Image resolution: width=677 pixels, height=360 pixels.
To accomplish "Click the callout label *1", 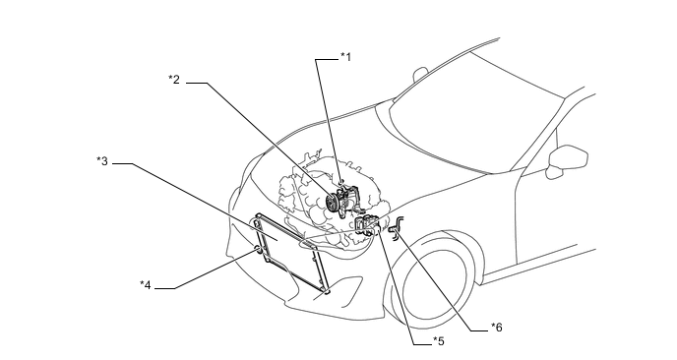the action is [345, 56].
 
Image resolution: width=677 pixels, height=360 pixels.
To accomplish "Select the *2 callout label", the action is [174, 80].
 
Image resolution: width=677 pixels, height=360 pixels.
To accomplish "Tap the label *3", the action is [102, 161].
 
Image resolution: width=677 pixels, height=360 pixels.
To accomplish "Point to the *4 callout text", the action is [146, 285].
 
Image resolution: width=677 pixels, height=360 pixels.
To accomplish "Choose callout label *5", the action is [439, 341].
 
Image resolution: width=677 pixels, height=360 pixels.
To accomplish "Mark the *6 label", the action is [497, 328].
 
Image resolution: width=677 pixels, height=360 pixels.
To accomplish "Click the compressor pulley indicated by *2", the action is [332, 203].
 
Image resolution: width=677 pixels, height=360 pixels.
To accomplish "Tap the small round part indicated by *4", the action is [258, 249].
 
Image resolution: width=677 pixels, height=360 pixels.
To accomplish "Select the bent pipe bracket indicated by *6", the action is [398, 226].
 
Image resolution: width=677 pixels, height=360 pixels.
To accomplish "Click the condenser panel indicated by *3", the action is [288, 251].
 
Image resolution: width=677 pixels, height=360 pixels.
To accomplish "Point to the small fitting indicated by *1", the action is [340, 183].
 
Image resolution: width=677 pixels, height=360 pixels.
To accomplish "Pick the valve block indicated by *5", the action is [366, 224].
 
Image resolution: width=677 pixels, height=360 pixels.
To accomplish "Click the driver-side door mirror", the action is [568, 159].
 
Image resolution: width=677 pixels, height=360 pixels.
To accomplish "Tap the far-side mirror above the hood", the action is [419, 74].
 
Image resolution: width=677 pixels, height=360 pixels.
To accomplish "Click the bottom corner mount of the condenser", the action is [327, 292].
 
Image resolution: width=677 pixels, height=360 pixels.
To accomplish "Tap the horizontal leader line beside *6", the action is [479, 331].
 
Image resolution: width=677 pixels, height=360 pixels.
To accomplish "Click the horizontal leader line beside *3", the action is [122, 163].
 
